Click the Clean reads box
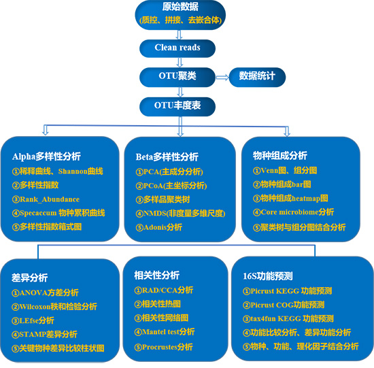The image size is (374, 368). [x=177, y=48]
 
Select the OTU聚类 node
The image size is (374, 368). [x=177, y=77]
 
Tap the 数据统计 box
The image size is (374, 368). [x=257, y=77]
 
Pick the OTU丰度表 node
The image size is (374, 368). [x=177, y=107]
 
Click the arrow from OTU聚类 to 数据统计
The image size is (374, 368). [x=222, y=78]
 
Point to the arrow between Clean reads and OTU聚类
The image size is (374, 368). [x=180, y=63]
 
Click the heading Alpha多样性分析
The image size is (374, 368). [x=46, y=156]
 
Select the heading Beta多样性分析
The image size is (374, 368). [x=167, y=157]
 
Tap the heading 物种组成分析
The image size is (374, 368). [x=280, y=156]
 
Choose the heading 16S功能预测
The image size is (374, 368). [x=268, y=276]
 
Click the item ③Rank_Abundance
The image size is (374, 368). [x=46, y=199]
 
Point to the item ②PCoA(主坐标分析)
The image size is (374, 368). [x=171, y=186]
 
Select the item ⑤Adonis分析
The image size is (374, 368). [x=159, y=227]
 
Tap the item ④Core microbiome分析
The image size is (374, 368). [x=293, y=212]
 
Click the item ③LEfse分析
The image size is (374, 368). [x=33, y=320]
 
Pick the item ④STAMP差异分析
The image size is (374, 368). [x=44, y=334]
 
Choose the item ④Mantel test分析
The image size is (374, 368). [x=165, y=332]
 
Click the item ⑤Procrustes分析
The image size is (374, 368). [x=163, y=347]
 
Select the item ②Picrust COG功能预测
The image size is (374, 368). [x=284, y=305]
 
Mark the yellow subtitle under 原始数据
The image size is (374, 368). [x=180, y=20]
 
